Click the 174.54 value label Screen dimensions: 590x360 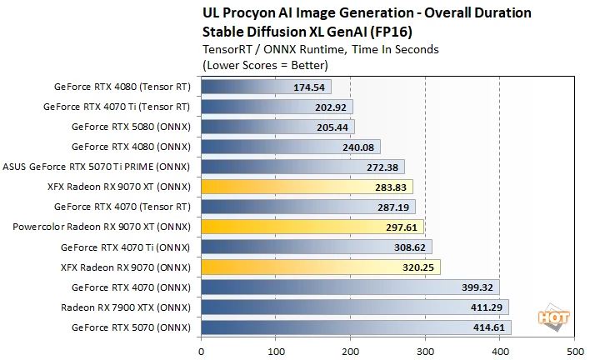pos(309,87)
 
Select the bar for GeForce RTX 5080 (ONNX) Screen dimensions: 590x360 pos(277,127)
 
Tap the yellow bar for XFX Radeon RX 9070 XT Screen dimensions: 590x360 pos(307,187)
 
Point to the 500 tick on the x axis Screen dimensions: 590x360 pos(575,352)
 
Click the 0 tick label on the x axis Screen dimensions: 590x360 pos(202,352)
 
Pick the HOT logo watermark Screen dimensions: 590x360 pos(554,317)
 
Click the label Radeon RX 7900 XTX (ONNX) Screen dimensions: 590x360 pos(126,307)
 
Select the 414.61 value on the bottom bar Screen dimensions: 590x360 pos(488,327)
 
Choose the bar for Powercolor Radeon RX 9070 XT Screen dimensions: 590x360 pos(312,227)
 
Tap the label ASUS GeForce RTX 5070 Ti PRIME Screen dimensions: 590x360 pos(77,167)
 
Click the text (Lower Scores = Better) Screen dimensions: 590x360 pos(265,66)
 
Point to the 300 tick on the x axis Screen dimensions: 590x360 pos(425,352)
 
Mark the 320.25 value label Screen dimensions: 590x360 pos(418,267)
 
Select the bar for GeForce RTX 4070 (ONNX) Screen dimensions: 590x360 pos(350,287)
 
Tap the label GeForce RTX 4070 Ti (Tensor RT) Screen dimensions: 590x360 pos(117,107)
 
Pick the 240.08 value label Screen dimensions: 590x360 pos(358,147)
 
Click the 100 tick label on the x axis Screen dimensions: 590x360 pos(276,352)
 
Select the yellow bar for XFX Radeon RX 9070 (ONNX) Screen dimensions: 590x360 pos(321,267)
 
